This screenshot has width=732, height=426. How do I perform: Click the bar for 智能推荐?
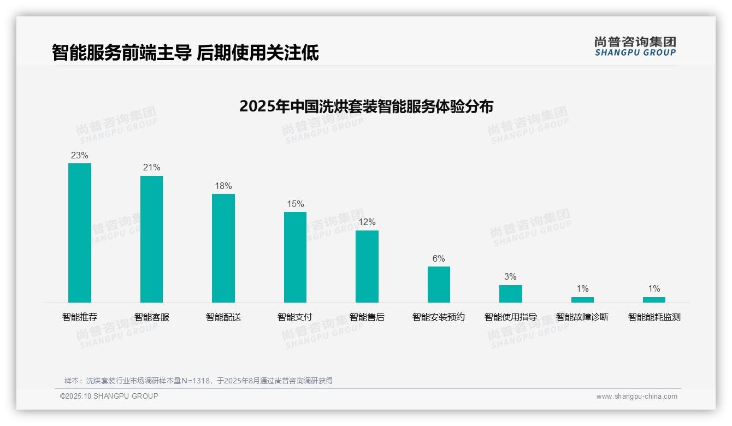point(80,233)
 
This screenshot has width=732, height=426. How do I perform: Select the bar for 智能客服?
point(151,239)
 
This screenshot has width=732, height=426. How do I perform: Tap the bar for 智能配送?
point(223,248)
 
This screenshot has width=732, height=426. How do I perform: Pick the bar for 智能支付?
point(295,257)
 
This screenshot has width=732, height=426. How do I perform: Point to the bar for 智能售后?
point(367,266)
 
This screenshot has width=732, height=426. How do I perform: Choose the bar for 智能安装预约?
point(439,284)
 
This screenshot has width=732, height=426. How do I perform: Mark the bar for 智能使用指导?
point(510,293)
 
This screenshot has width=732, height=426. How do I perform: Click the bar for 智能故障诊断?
point(582,299)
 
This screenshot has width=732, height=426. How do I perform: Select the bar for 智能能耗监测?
point(654,299)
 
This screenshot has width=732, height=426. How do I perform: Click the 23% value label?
point(80,155)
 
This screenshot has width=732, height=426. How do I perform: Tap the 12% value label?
point(367,222)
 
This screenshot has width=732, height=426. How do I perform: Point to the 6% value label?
point(439,258)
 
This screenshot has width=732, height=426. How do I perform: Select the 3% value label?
point(510,276)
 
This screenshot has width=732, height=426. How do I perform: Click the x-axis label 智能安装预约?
point(439,317)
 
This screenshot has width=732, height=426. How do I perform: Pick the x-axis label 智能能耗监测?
point(654,317)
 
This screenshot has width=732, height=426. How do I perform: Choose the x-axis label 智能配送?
point(223,317)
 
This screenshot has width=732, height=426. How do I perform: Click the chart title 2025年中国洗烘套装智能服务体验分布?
point(366,106)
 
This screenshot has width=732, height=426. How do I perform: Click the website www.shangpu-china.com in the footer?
point(636,397)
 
